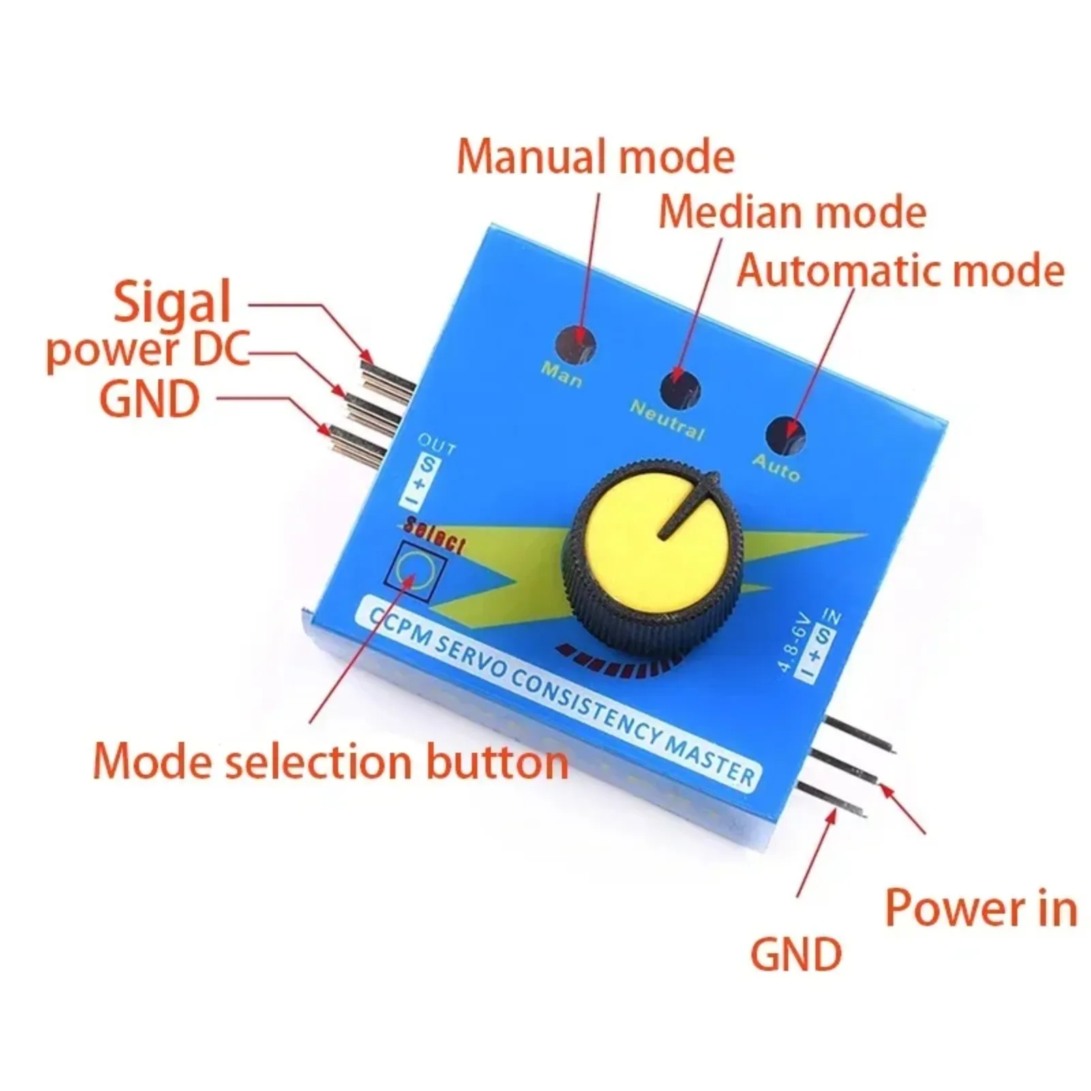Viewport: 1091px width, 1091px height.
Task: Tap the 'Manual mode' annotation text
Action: pos(595,156)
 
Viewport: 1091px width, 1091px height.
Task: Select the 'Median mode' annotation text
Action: pos(792,211)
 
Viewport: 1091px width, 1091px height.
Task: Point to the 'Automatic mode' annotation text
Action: pos(900,270)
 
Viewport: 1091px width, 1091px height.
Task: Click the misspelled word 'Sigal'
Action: pos(172,303)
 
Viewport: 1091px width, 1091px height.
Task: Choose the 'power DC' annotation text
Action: pos(147,350)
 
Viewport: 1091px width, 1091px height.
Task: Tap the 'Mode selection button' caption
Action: pos(331,761)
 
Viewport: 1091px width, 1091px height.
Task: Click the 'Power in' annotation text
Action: pos(981,908)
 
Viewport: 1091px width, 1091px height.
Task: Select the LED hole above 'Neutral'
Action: pos(680,389)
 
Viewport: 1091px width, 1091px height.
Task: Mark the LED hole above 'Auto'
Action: pos(786,434)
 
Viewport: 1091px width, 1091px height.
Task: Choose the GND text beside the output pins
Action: pos(150,399)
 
